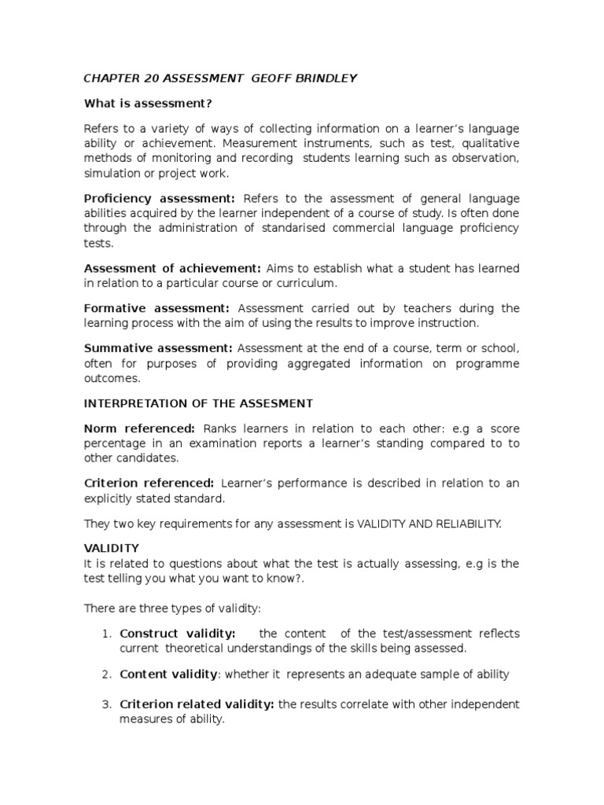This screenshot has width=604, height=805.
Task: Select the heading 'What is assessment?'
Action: [149, 103]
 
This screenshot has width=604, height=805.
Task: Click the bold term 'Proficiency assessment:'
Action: [160, 198]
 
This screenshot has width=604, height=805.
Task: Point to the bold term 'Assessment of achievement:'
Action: [172, 268]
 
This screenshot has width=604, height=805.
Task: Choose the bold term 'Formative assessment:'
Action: [157, 308]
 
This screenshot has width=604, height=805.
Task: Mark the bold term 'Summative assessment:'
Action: [158, 347]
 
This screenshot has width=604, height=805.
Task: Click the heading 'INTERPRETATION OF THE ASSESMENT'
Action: [198, 403]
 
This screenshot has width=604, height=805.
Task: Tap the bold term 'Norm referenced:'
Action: [140, 428]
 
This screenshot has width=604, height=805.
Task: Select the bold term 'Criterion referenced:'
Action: [149, 483]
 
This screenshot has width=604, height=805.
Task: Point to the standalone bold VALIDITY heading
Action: [111, 548]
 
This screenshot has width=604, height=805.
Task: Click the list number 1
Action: [108, 634]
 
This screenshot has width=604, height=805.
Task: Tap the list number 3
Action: [108, 704]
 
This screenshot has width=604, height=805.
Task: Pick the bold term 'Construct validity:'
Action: [178, 634]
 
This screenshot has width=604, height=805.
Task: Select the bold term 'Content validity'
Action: [168, 674]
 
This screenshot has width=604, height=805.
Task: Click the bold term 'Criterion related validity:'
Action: [197, 704]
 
